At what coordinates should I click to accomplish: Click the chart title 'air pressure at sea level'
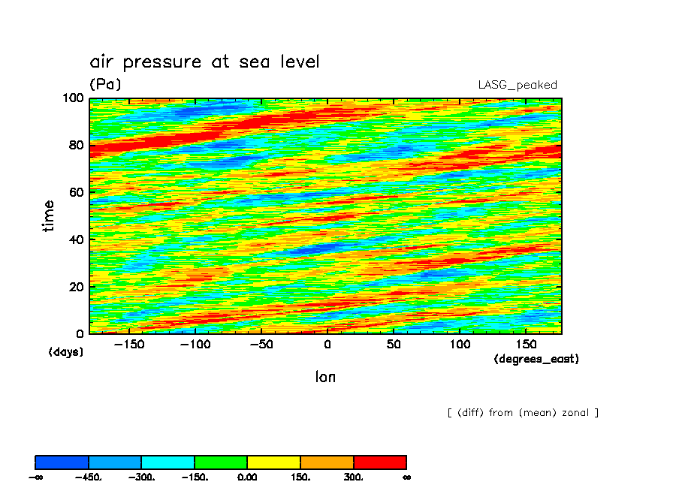point(204,62)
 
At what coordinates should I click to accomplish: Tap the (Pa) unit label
point(105,84)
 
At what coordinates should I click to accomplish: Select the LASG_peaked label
point(518,85)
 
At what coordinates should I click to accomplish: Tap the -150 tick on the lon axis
point(130,345)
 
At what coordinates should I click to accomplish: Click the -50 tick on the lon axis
point(261,345)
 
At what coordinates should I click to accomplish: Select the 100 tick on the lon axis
point(459,345)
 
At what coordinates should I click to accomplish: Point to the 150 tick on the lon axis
point(524,345)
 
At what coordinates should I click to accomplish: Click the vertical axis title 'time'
point(49,215)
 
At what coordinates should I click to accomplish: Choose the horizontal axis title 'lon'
point(325,377)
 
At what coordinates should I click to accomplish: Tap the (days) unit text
point(66,351)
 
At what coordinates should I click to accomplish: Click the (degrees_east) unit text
point(536,359)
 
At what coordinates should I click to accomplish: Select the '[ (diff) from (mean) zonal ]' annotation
point(523,412)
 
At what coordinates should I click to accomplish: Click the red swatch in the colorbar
point(380,462)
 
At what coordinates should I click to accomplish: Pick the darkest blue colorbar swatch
point(62,462)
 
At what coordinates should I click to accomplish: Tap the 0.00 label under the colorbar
point(247,477)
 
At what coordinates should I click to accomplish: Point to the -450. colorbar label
point(89,477)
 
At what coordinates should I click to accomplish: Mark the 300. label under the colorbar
point(354,477)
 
